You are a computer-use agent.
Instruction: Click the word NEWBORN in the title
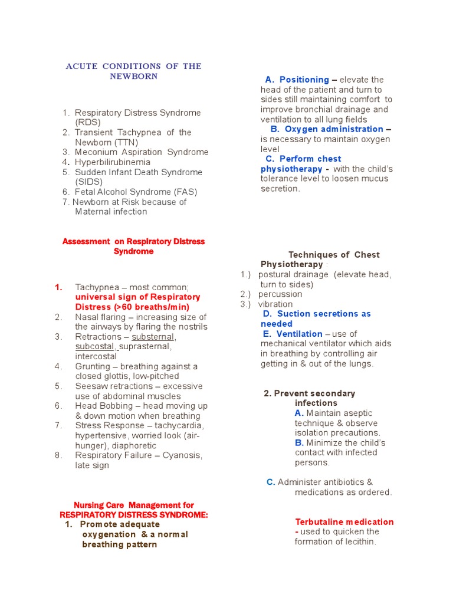(133, 77)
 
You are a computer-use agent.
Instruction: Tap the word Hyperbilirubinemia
(113, 162)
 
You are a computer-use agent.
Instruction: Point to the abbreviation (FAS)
(182, 192)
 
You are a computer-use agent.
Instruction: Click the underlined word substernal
(153, 337)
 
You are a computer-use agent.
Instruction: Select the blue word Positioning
(304, 80)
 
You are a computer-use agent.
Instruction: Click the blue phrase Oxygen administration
(334, 129)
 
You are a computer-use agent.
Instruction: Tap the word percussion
(280, 294)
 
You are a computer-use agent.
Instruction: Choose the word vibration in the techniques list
(275, 304)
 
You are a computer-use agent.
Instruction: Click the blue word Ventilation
(300, 334)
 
